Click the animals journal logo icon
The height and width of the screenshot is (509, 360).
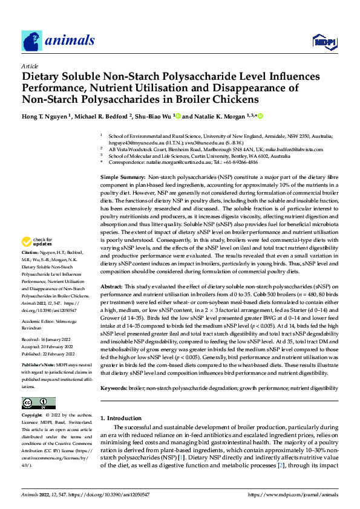[x=31, y=41]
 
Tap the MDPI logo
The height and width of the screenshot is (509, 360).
[x=324, y=41]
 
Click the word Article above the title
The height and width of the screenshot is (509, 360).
[x=30, y=66]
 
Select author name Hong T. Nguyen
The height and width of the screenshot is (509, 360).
[x=45, y=115]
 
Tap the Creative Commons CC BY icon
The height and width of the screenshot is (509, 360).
[x=38, y=403]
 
